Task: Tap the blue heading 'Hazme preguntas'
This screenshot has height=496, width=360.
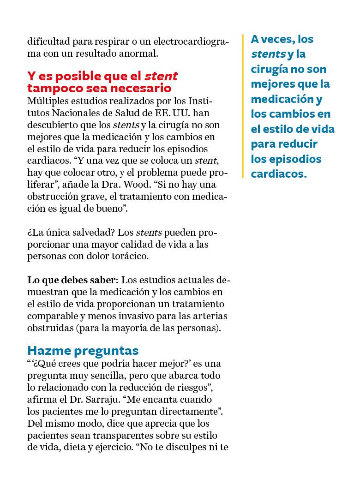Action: (83, 350)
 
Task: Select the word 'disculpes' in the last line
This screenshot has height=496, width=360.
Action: (189, 447)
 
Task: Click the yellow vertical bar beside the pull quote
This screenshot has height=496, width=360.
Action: (243, 106)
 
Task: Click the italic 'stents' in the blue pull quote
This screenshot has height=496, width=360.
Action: (267, 54)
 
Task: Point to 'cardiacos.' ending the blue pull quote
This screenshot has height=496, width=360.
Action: (278, 174)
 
